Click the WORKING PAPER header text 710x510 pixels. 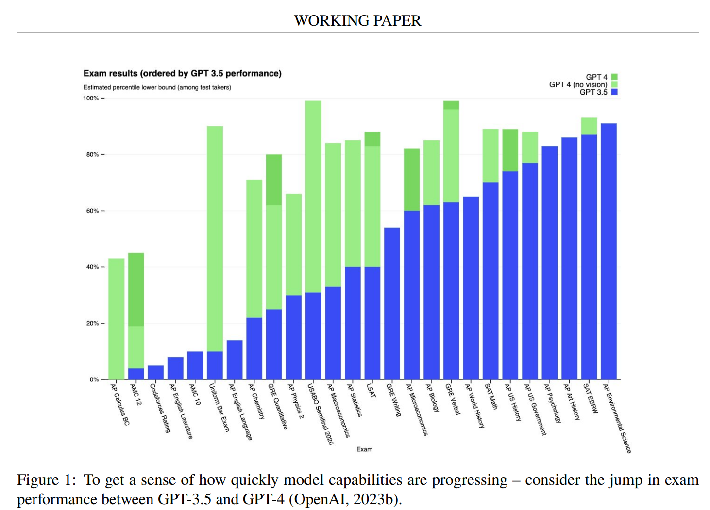click(357, 20)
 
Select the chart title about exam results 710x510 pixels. click(182, 73)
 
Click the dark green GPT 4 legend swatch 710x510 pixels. click(614, 77)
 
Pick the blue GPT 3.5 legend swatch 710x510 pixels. click(614, 92)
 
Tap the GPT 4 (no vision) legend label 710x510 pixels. click(578, 84)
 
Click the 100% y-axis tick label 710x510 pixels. click(91, 98)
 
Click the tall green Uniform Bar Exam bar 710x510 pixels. click(215, 233)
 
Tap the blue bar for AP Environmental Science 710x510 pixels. click(609, 252)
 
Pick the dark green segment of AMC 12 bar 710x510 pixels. click(136, 289)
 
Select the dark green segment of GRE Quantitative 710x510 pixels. click(274, 180)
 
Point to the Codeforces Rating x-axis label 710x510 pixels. click(160, 408)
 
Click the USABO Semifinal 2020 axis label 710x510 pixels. click(321, 413)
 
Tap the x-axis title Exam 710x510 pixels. click(364, 449)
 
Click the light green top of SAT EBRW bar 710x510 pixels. click(589, 126)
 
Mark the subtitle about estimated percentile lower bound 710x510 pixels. click(157, 87)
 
